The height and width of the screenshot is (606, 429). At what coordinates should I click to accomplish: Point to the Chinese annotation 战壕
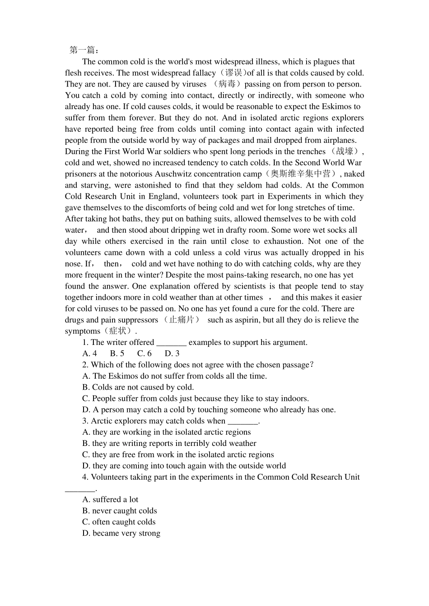tap(345, 151)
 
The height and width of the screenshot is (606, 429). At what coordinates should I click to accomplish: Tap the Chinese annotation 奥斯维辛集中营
tap(301, 174)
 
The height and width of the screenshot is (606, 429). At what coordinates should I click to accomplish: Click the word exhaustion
tap(288, 241)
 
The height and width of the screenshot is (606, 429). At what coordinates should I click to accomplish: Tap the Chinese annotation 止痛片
tap(181, 320)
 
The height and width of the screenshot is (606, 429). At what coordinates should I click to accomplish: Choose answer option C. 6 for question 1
tap(145, 353)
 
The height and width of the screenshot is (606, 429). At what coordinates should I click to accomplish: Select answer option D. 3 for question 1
tap(172, 353)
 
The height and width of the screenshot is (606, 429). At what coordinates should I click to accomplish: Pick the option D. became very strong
tap(121, 533)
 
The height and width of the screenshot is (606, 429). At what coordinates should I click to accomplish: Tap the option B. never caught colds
tap(120, 511)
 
